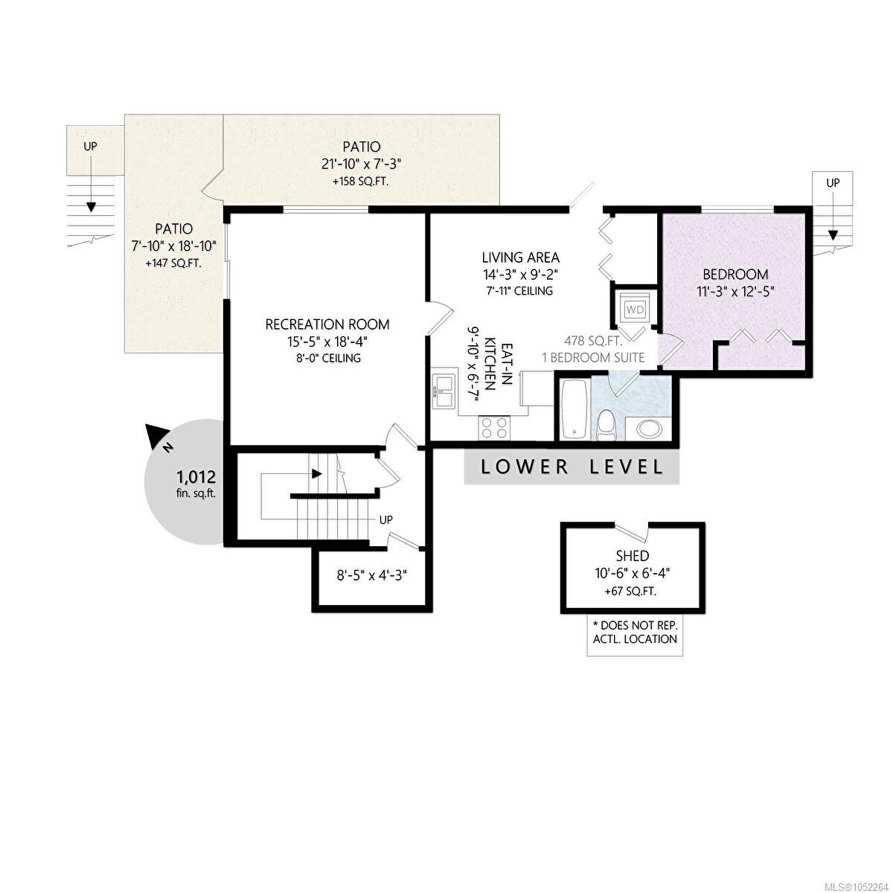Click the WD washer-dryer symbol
(x=634, y=309)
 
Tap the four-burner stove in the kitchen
(x=494, y=427)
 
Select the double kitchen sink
(x=444, y=388)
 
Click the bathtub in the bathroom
(x=574, y=409)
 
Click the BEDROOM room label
(x=735, y=275)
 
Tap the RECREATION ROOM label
(x=327, y=324)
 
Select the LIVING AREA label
(x=520, y=257)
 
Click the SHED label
(x=632, y=555)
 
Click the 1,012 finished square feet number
(x=196, y=476)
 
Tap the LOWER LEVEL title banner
(x=572, y=467)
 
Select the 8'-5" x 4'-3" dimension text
(x=371, y=575)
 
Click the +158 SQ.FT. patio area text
(x=360, y=181)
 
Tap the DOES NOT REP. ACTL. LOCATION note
(x=635, y=632)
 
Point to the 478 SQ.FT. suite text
(x=593, y=341)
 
